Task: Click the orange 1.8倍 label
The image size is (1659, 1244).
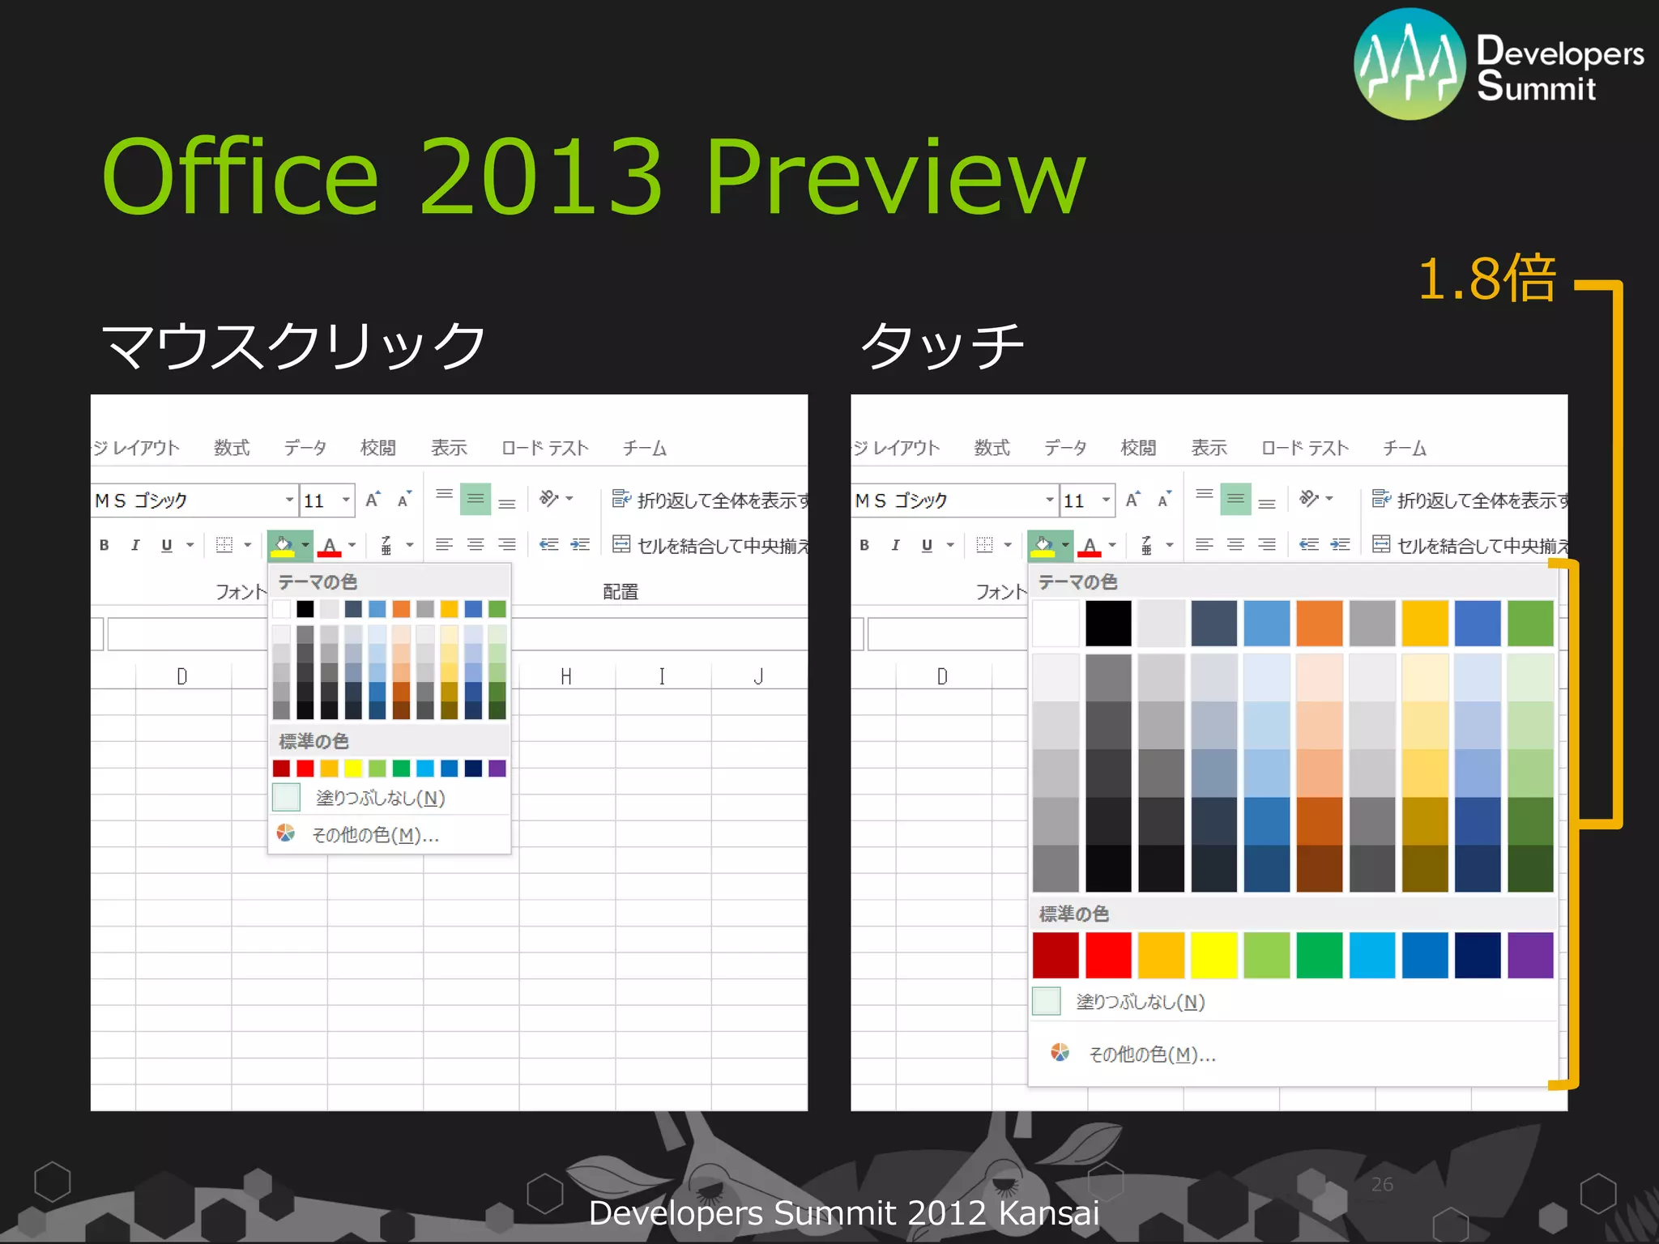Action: (x=1487, y=279)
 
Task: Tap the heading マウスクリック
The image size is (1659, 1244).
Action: (x=293, y=345)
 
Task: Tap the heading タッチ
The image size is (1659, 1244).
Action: (x=943, y=345)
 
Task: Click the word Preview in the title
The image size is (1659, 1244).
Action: (x=894, y=178)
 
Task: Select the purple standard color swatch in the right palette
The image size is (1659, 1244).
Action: (x=1530, y=955)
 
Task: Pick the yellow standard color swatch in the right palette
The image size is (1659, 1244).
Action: (x=1213, y=955)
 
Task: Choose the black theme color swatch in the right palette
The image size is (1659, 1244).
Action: (x=1108, y=623)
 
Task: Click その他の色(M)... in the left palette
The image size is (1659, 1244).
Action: (x=375, y=835)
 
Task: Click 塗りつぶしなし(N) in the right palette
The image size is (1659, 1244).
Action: (x=1140, y=1002)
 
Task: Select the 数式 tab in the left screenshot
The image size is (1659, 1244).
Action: (x=232, y=448)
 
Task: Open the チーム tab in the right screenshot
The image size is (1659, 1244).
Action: (x=1404, y=448)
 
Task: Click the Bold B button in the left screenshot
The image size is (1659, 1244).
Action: (x=104, y=545)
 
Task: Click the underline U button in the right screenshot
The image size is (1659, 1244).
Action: (x=927, y=545)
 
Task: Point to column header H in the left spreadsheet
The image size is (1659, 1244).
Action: (x=566, y=676)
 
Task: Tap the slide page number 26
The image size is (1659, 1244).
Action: (x=1382, y=1184)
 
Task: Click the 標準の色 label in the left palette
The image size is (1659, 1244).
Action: (x=313, y=741)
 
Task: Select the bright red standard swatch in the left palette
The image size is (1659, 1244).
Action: (x=305, y=768)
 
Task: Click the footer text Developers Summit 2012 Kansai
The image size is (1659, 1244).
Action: (x=843, y=1213)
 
